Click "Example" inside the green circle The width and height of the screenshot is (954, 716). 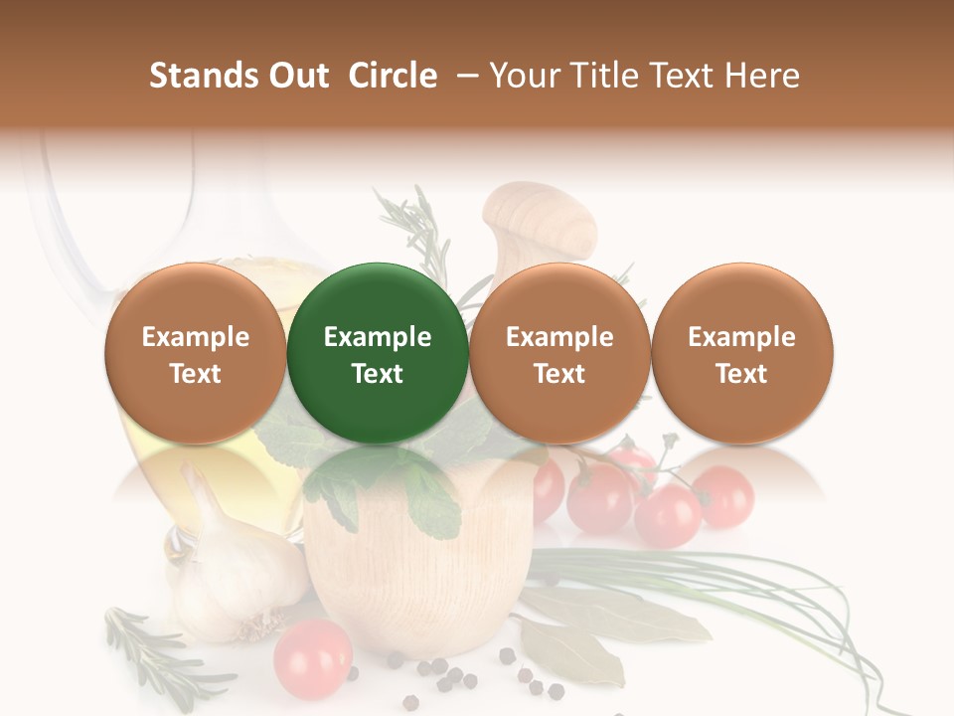tap(378, 337)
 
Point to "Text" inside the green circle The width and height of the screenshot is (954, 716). tap(378, 374)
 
